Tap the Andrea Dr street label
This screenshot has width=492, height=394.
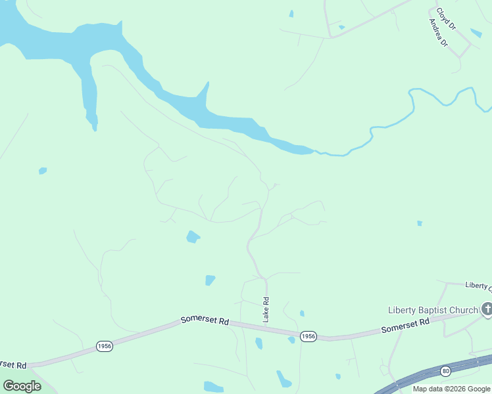click(x=437, y=33)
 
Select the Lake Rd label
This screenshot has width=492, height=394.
click(x=266, y=310)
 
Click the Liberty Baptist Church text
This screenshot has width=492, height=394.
click(x=432, y=310)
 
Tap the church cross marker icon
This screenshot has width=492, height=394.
click(x=487, y=308)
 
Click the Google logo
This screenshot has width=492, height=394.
click(x=22, y=386)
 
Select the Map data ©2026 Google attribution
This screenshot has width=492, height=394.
click(x=451, y=389)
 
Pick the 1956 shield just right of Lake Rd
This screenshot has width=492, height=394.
click(x=308, y=336)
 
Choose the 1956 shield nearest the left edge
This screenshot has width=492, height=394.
click(x=103, y=346)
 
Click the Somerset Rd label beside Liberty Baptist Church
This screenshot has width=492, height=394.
click(x=405, y=325)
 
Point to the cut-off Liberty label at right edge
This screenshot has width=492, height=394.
click(x=478, y=285)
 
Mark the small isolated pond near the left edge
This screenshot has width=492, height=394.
click(x=43, y=171)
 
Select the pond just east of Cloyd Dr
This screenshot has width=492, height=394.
click(x=476, y=33)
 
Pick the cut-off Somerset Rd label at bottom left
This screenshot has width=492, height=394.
click(x=12, y=364)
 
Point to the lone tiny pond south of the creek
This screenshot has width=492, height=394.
click(x=419, y=223)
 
